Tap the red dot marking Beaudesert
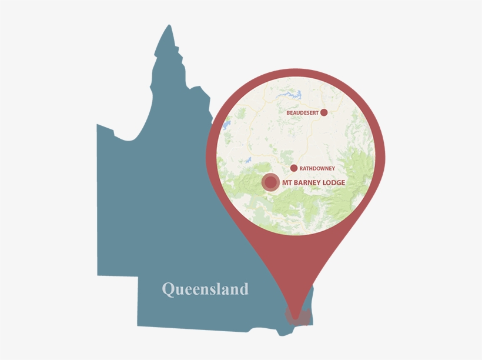pos(323,112)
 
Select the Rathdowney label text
pos(317,168)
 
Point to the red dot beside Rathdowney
pos(294,168)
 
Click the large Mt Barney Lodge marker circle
pos(270,182)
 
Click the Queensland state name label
pos(205,289)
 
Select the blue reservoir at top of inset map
pos(296,94)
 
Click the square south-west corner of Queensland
pos(138,324)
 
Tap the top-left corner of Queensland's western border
pos(98,125)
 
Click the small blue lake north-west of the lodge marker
pos(249,159)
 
